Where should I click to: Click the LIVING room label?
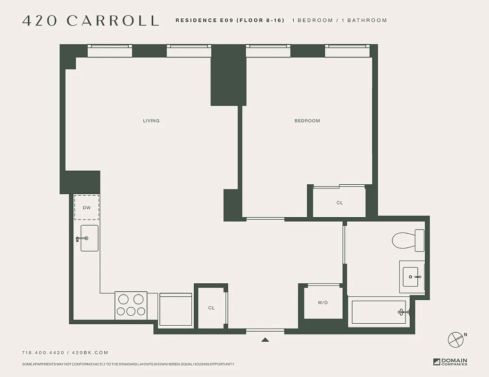pos(151,121)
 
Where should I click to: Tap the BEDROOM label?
pos(307,121)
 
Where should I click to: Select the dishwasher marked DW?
pos(86,207)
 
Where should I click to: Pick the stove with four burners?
pos(131,305)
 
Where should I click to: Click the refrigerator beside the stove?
pos(175,309)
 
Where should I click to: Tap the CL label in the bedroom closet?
pos(340,203)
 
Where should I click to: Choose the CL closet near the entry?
pos(211,308)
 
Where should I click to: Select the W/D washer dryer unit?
pos(323,303)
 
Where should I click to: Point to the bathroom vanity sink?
pos(413,277)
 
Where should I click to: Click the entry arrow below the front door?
pos(265,339)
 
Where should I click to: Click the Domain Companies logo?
pos(450,362)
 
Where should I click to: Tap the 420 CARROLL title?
pos(91,21)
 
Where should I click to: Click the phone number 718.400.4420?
pos(43,352)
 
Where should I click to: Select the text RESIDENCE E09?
pos(204,21)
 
